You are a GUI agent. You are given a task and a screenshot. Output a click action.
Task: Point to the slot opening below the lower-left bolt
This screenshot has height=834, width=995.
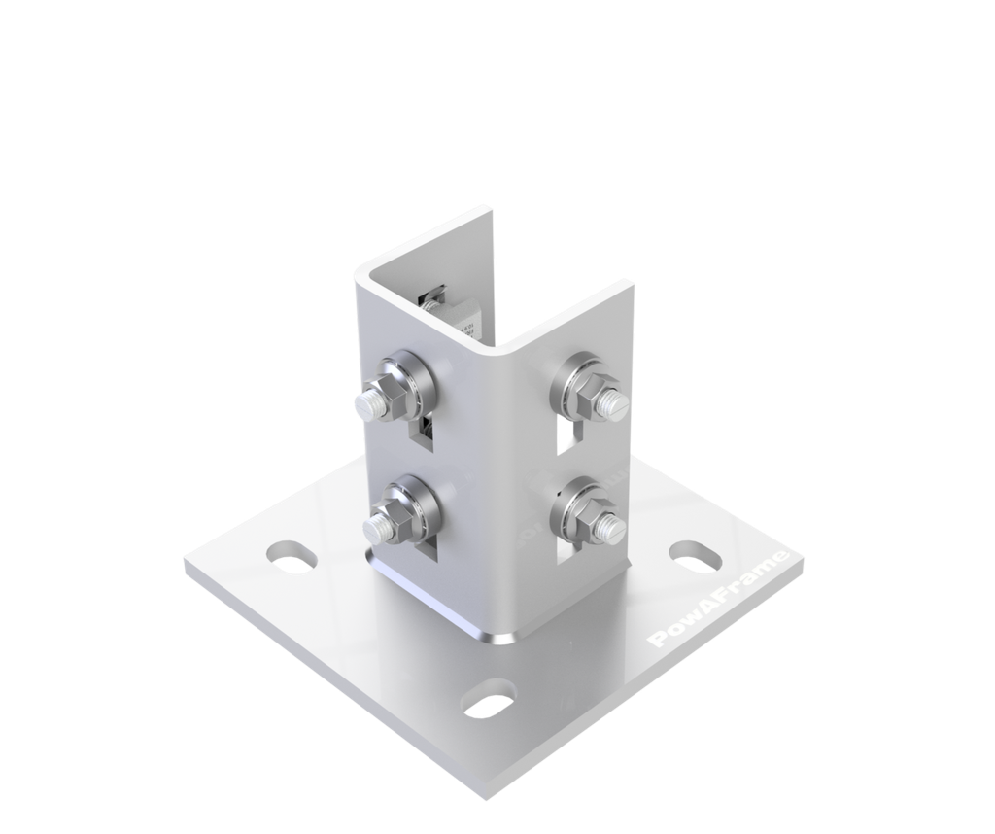coord(428,551)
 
